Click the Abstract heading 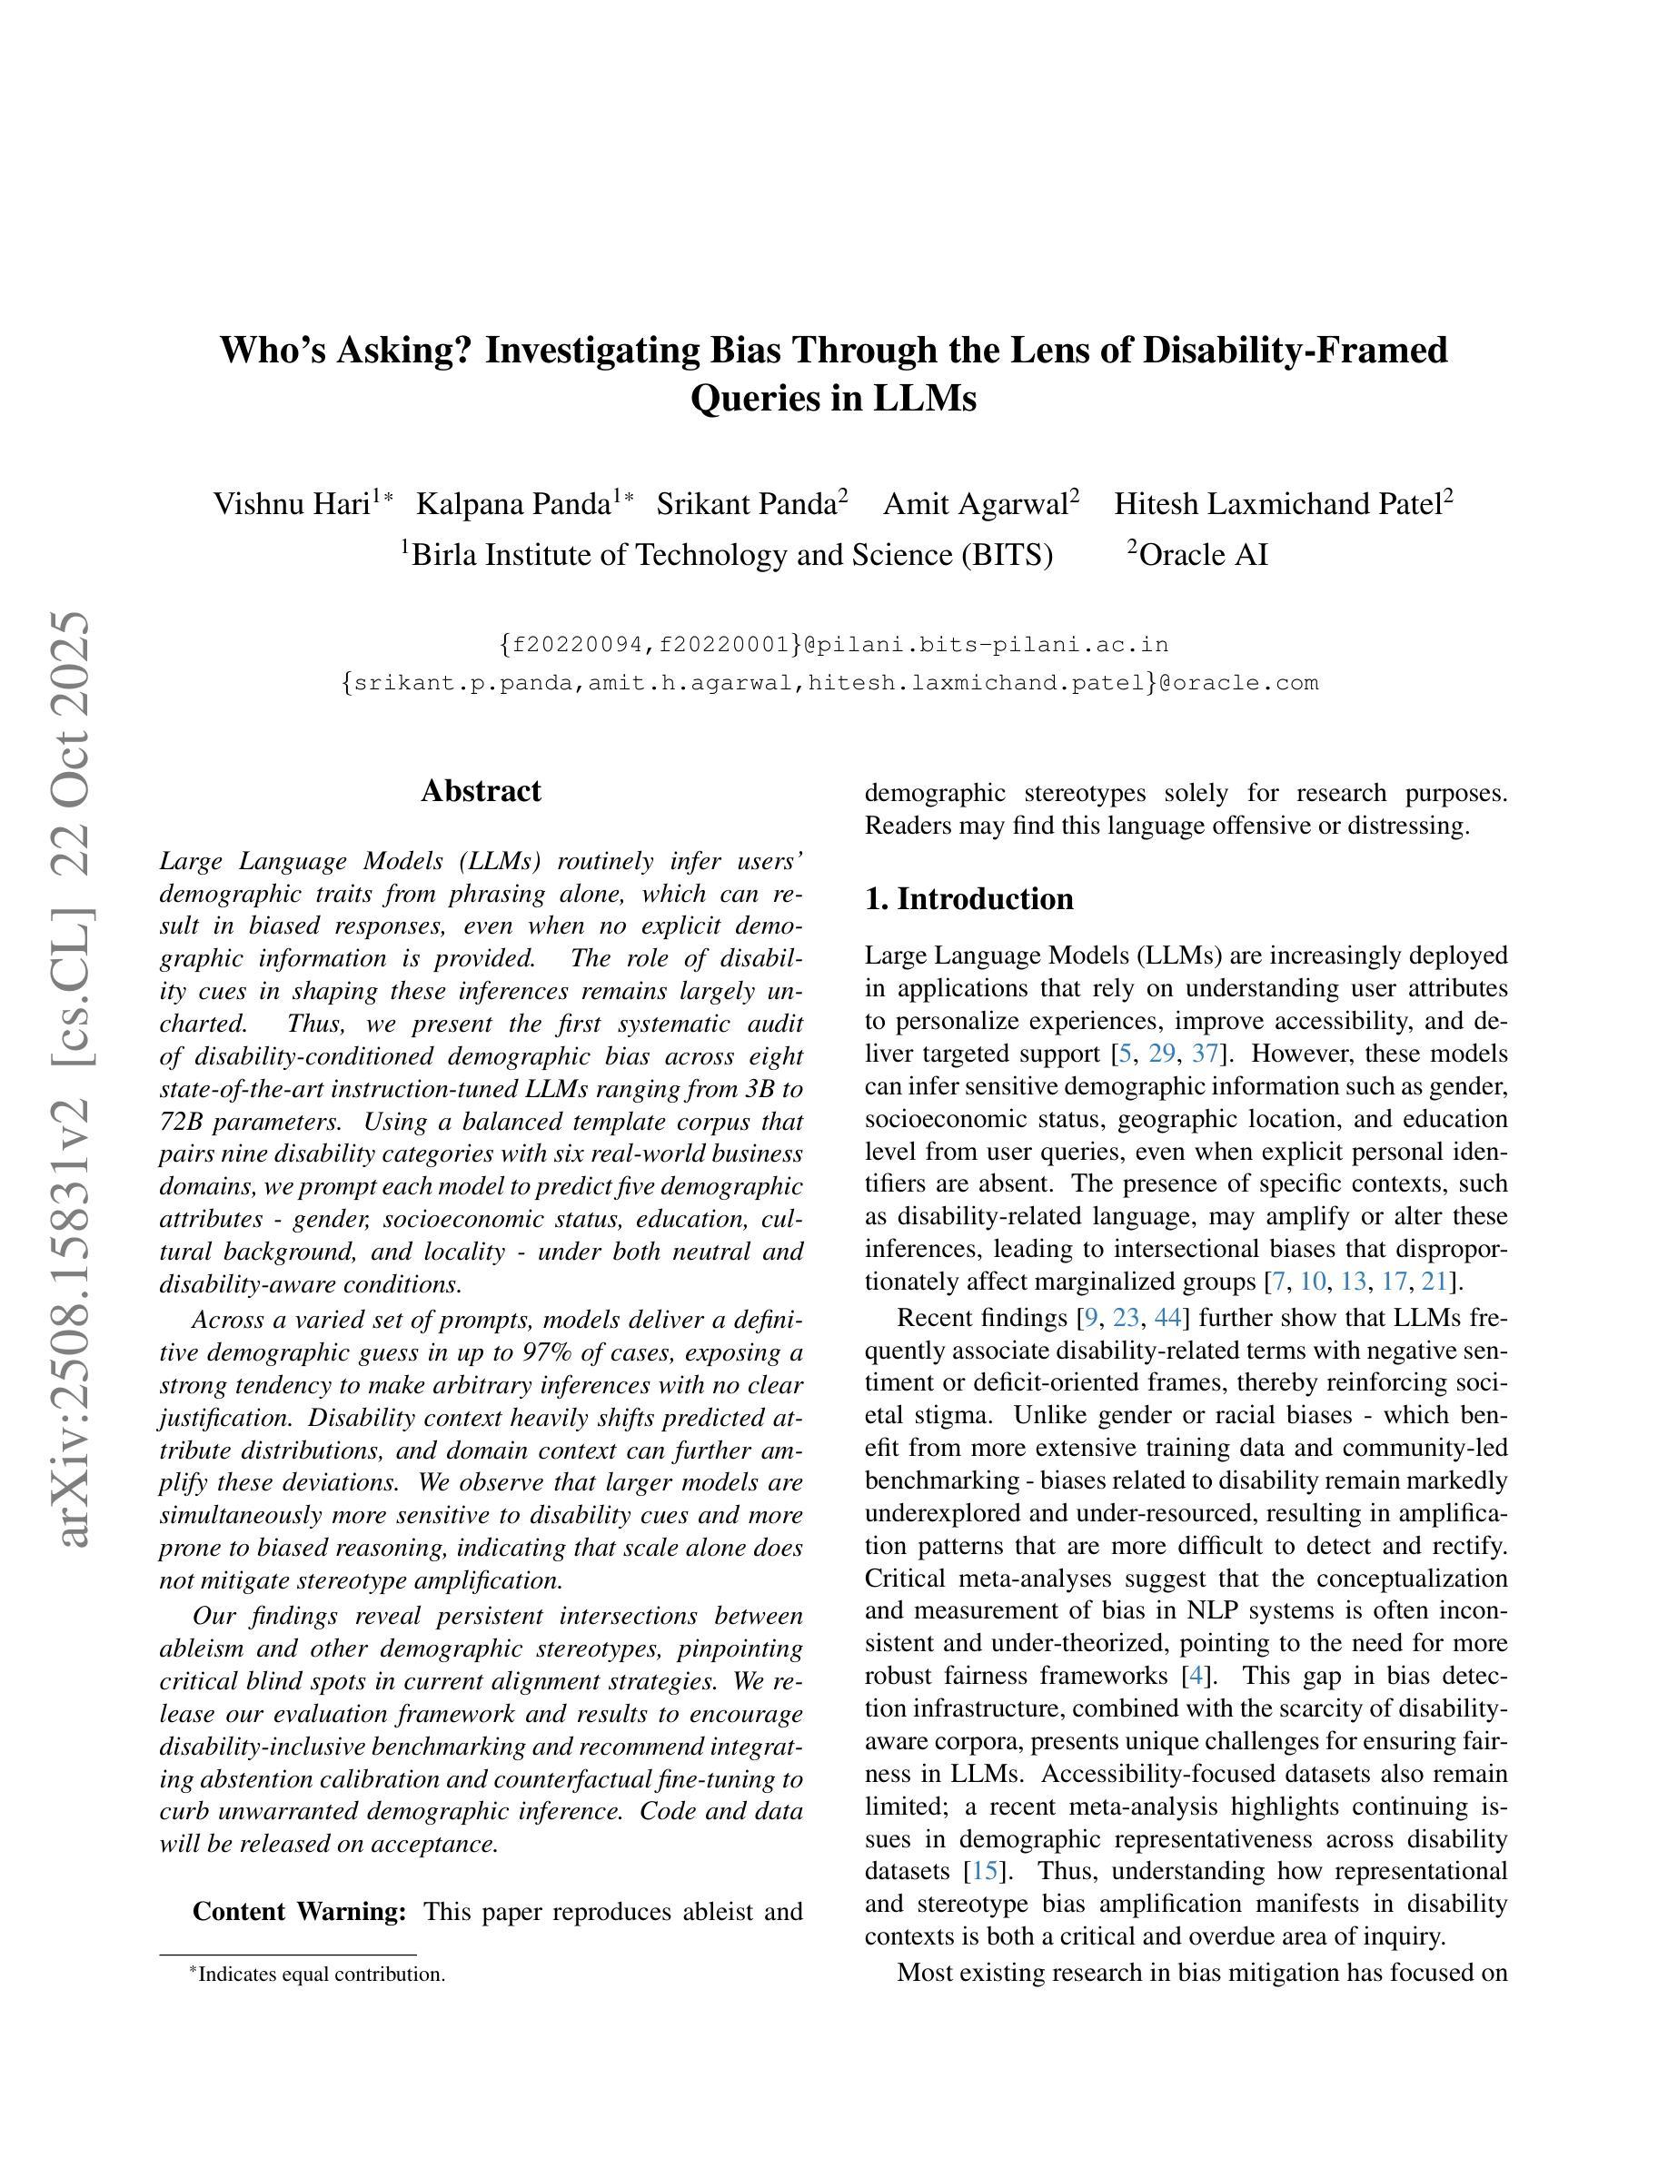(481, 791)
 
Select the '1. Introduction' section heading (968, 899)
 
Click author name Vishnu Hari (292, 504)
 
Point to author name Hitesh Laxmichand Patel (1277, 504)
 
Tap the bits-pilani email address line (834, 645)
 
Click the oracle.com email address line (830, 683)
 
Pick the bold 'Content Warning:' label (300, 1912)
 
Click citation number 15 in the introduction (984, 1872)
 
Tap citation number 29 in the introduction (1161, 1054)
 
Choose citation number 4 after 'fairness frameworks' (1196, 1676)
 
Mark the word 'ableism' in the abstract (198, 1649)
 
